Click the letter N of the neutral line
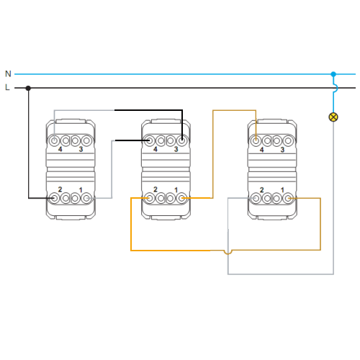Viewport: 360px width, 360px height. pyautogui.click(x=8, y=73)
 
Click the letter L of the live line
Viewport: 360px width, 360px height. pyautogui.click(x=7, y=87)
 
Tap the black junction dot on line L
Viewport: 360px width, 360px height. pyautogui.click(x=28, y=88)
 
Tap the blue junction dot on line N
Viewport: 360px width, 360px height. pyautogui.click(x=333, y=74)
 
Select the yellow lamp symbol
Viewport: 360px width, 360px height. pyautogui.click(x=333, y=117)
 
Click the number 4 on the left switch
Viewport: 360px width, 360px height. pyautogui.click(x=60, y=149)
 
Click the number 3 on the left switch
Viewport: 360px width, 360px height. pyautogui.click(x=81, y=149)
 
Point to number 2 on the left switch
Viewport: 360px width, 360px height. pyautogui.click(x=60, y=189)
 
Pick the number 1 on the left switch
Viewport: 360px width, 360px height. pyautogui.click(x=81, y=190)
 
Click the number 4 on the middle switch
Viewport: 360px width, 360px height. pyautogui.click(x=156, y=149)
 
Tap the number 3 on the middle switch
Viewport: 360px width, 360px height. pyautogui.click(x=176, y=149)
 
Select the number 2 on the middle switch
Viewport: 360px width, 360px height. pyautogui.click(x=156, y=189)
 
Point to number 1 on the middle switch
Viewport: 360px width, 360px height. pyautogui.click(x=176, y=190)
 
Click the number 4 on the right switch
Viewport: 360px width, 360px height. pyautogui.click(x=261, y=150)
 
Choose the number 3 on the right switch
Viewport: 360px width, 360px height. pyautogui.click(x=282, y=150)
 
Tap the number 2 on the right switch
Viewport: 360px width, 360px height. pyautogui.click(x=261, y=190)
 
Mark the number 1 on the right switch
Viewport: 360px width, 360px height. pyautogui.click(x=282, y=190)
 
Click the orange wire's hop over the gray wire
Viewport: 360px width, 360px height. pyautogui.click(x=228, y=253)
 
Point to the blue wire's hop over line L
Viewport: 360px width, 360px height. pyautogui.click(x=336, y=88)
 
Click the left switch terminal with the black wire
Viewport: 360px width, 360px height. pyautogui.click(x=55, y=198)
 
